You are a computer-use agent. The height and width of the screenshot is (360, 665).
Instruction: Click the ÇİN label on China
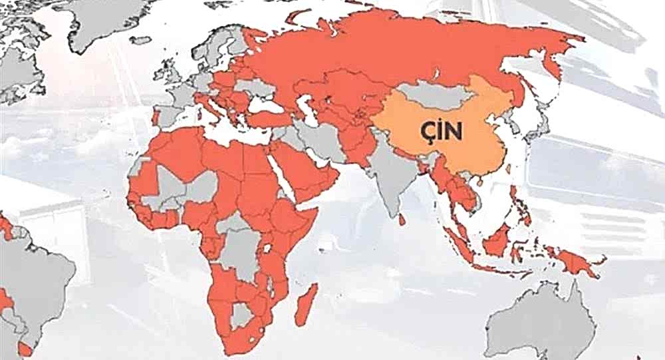440,130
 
